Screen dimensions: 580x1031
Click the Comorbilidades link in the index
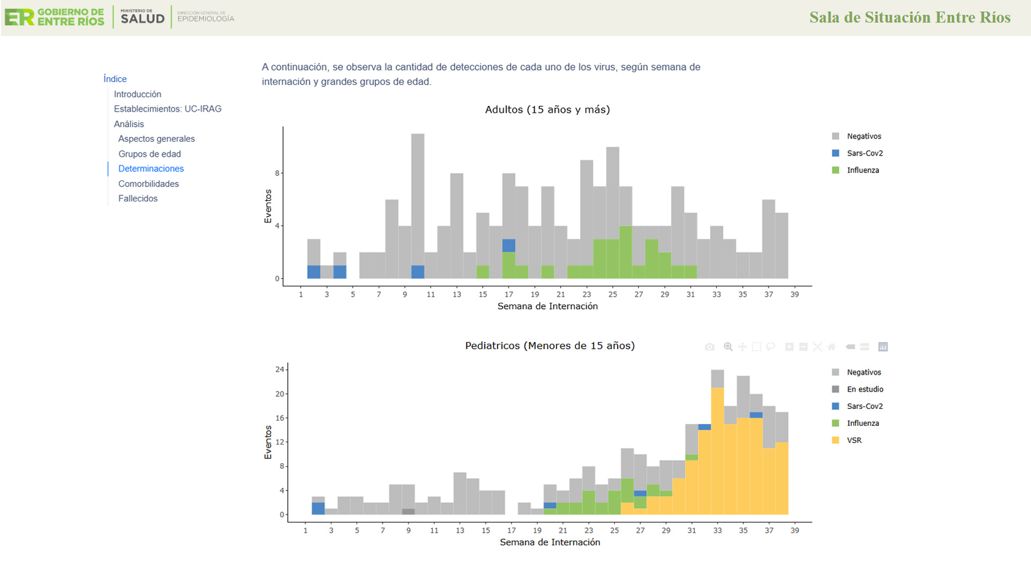click(x=148, y=184)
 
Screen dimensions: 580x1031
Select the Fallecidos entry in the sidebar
click(x=137, y=198)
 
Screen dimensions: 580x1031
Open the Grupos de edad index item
click(x=149, y=154)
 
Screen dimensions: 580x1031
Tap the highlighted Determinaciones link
click(x=151, y=169)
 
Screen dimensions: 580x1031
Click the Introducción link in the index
click(x=137, y=94)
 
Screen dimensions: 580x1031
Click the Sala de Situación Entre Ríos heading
click(x=910, y=17)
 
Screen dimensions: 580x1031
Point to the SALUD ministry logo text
click(x=142, y=18)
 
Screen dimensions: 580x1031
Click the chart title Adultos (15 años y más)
click(x=547, y=110)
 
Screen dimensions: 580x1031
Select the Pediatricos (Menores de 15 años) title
click(x=549, y=346)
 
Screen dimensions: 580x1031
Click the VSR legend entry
click(x=854, y=440)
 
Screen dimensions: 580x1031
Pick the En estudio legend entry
click(x=865, y=389)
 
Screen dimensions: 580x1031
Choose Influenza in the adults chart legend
click(x=862, y=170)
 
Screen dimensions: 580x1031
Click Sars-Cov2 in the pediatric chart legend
click(x=865, y=407)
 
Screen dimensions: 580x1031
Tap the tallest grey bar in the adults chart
click(x=418, y=199)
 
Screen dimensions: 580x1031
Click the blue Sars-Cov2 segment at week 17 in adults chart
click(x=509, y=245)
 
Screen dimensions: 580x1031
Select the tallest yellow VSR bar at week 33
click(x=717, y=451)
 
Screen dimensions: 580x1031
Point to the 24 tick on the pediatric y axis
click(x=279, y=369)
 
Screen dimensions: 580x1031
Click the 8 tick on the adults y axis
click(x=277, y=173)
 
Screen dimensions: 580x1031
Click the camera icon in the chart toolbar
click(x=709, y=347)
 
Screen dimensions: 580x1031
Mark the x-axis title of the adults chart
click(x=547, y=306)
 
